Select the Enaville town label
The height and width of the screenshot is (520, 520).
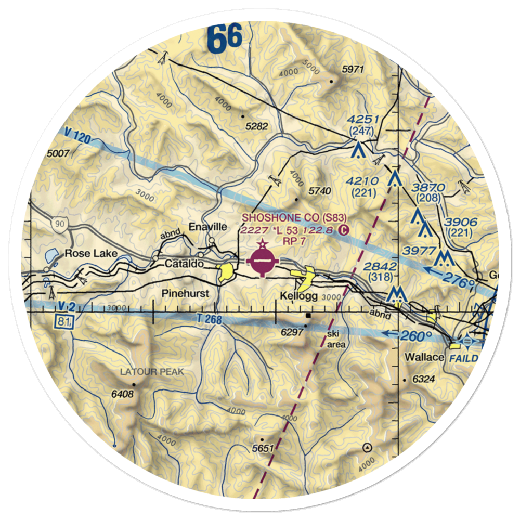208,227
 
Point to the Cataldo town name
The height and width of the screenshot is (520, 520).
184,264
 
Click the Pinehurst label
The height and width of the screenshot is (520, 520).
185,293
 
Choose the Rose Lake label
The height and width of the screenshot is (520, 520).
92,254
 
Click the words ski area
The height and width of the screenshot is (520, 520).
336,339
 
